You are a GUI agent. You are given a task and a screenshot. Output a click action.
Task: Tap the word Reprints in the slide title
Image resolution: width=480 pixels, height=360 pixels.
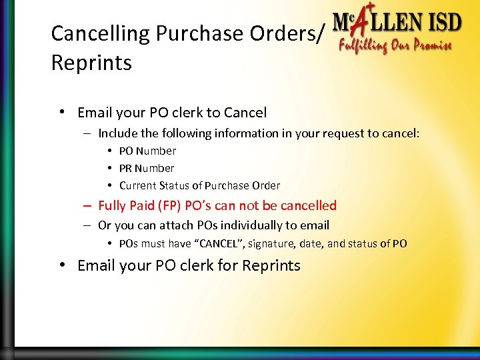pyautogui.click(x=91, y=63)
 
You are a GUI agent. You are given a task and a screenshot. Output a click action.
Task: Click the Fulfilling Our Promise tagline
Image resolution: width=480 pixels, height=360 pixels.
pyautogui.click(x=395, y=47)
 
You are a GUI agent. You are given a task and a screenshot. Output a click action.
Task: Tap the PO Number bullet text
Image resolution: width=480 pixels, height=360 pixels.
pyautogui.click(x=147, y=151)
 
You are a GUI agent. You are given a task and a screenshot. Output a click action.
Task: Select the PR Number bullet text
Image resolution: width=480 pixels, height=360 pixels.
pyautogui.click(x=147, y=168)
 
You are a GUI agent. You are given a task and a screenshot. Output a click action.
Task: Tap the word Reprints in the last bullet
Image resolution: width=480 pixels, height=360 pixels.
pyautogui.click(x=271, y=265)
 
